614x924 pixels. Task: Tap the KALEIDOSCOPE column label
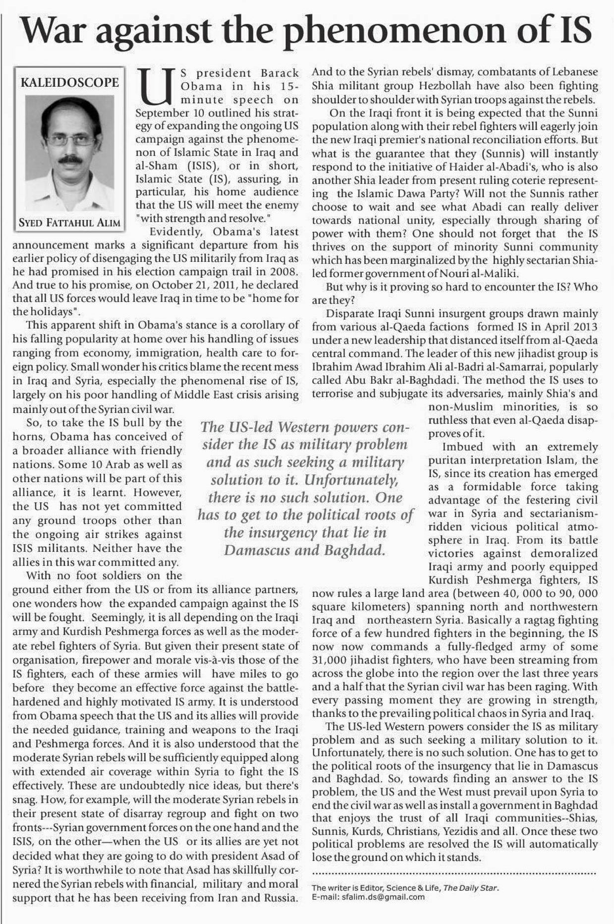[69, 82]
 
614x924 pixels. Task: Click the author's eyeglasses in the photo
[71, 139]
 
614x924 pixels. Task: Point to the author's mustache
[70, 160]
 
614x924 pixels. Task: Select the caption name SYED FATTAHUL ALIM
[69, 223]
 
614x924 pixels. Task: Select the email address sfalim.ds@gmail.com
[384, 897]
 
